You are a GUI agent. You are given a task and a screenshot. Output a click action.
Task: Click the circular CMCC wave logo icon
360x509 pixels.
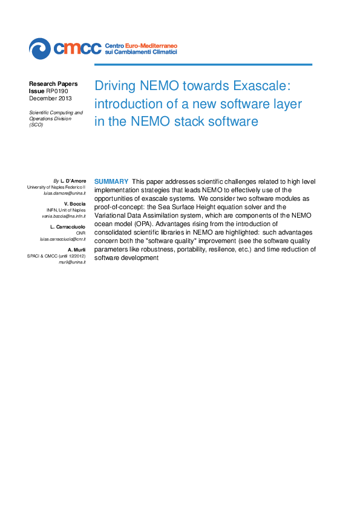pyautogui.click(x=40, y=48)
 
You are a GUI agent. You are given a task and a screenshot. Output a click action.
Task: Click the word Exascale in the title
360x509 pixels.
pyautogui.click(x=261, y=85)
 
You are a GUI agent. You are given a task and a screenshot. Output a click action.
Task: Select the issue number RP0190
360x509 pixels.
pyautogui.click(x=56, y=91)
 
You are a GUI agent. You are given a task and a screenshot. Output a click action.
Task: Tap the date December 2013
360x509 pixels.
pyautogui.click(x=50, y=98)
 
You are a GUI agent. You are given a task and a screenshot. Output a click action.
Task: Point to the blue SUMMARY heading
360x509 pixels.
pyautogui.click(x=111, y=181)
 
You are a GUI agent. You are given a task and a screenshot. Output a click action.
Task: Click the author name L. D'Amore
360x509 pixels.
pyautogui.click(x=73, y=181)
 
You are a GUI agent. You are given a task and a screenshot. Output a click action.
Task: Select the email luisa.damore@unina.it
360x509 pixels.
pyautogui.click(x=64, y=193)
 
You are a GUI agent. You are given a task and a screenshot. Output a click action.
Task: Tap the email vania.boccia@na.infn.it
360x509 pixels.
pyautogui.click(x=64, y=216)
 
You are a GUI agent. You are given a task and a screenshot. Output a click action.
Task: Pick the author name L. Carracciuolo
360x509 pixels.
pyautogui.click(x=68, y=227)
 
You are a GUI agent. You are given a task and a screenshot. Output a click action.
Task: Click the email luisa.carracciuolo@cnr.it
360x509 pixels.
pyautogui.click(x=63, y=239)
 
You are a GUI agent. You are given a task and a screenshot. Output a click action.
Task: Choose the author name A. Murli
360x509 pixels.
pyautogui.click(x=77, y=250)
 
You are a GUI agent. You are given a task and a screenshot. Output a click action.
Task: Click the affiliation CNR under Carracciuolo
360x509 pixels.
pyautogui.click(x=80, y=233)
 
